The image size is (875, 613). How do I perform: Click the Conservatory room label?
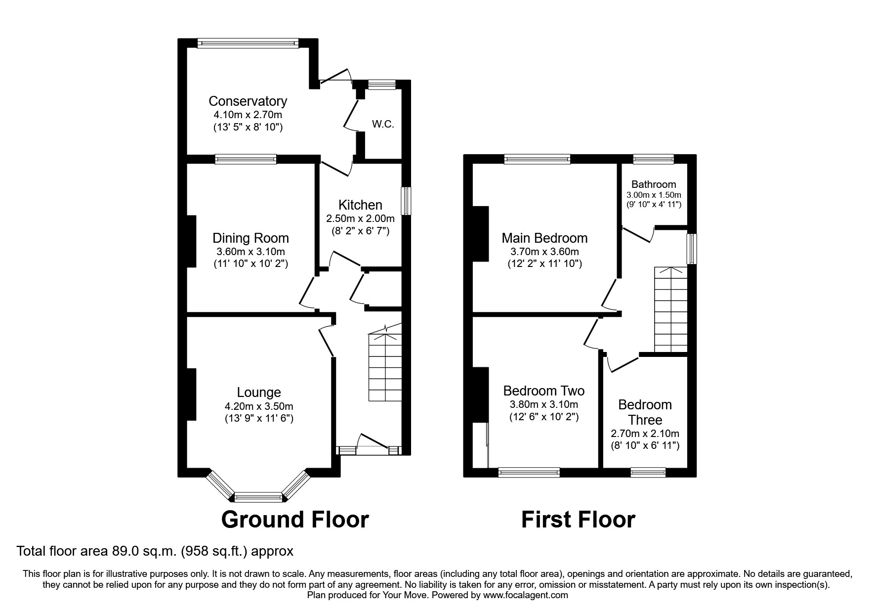[248, 101]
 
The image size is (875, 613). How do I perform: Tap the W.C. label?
[383, 124]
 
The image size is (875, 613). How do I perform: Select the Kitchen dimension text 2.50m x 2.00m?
[360, 219]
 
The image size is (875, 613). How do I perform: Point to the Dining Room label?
[250, 238]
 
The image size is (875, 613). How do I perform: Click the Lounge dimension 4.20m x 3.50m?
[259, 407]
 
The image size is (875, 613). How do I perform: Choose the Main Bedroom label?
[544, 238]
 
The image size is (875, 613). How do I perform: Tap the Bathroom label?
[654, 184]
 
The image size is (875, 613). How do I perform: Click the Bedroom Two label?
[543, 391]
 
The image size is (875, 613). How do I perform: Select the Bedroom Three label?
[645, 412]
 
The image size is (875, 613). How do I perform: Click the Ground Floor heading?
[295, 520]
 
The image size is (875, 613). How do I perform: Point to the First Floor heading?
[578, 520]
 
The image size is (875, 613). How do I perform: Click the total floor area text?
[155, 551]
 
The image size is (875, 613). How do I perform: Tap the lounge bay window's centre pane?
[258, 496]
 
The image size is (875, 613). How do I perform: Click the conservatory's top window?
[248, 44]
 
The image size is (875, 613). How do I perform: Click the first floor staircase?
[671, 309]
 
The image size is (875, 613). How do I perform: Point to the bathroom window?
[654, 159]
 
